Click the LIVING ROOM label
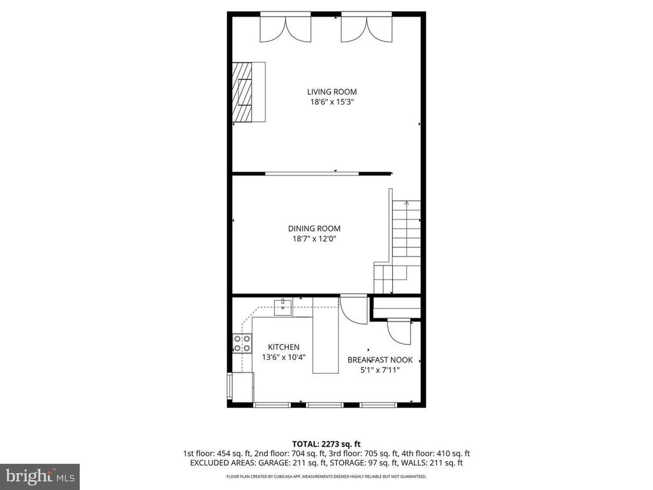tap(332, 92)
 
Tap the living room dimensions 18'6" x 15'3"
tap(332, 102)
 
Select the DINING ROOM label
tap(314, 228)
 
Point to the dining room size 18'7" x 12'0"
tap(314, 239)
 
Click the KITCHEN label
tap(284, 347)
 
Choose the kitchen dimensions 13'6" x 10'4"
tap(284, 357)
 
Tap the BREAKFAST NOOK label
tap(380, 360)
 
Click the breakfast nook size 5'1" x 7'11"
tap(380, 370)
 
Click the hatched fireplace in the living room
tap(242, 92)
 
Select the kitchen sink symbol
tap(283, 307)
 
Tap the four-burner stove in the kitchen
tap(242, 343)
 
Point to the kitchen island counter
tap(325, 336)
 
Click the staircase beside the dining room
tap(399, 246)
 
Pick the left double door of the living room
tap(285, 28)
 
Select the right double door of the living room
tap(367, 28)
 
